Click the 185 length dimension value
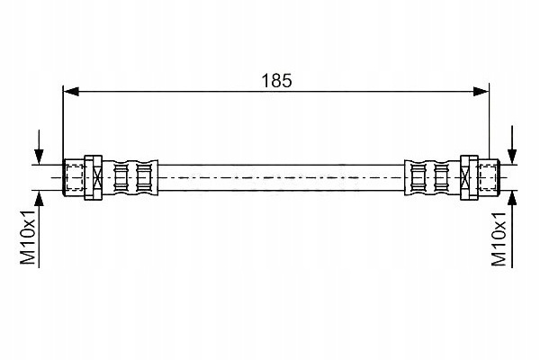pyautogui.click(x=276, y=81)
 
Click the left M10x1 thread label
pyautogui.click(x=28, y=237)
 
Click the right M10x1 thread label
pyautogui.click(x=499, y=238)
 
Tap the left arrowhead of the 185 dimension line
pyautogui.click(x=71, y=92)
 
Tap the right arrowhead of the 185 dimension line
pyautogui.click(x=481, y=92)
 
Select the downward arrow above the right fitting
pyautogui.click(x=512, y=145)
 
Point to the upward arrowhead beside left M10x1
pyautogui.click(x=40, y=198)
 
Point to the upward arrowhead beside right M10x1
pyautogui.click(x=512, y=198)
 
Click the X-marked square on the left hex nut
pyautogui.click(x=97, y=177)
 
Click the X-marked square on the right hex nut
pyautogui.click(x=465, y=177)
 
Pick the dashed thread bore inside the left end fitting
pyautogui.click(x=74, y=177)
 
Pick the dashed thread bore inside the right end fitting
pyautogui.click(x=489, y=177)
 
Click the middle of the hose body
pyautogui.click(x=282, y=177)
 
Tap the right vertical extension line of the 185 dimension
pyautogui.click(x=490, y=121)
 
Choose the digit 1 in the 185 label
pyautogui.click(x=265, y=81)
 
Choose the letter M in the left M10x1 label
pyautogui.click(x=28, y=256)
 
